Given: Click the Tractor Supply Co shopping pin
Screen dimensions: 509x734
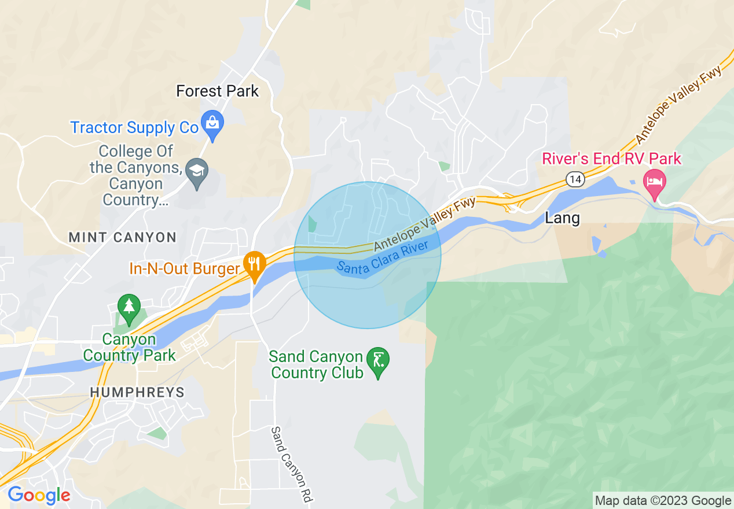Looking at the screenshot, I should pos(213,124).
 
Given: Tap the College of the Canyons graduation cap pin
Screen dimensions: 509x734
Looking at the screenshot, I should pos(197,171).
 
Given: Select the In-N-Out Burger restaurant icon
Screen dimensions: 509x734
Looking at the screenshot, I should pos(254,263).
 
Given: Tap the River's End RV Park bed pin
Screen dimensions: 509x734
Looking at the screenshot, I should pos(654,183).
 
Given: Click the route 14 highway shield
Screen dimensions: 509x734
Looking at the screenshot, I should pos(574,180).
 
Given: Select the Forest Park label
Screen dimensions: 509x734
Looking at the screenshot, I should pos(218,91).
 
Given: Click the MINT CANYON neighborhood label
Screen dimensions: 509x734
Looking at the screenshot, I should pos(122,237).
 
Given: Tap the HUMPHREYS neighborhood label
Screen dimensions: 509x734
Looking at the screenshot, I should pos(137,392).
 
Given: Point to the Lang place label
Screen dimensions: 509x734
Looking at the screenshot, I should pos(562,218).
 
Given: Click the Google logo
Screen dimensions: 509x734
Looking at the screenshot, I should pos(39,495).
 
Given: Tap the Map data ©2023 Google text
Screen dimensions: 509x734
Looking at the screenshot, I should pos(663,501).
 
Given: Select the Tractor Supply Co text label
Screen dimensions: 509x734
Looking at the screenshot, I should pos(134,127).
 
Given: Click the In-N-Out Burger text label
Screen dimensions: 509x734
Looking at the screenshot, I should pos(184,269).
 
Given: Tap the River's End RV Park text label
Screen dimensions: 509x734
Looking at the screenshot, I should pos(611,158).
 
